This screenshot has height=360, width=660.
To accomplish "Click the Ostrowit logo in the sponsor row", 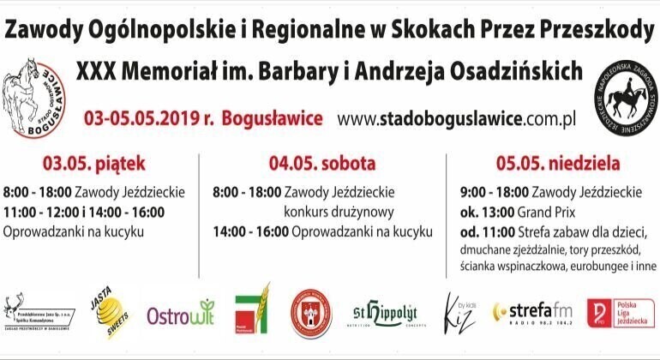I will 180,313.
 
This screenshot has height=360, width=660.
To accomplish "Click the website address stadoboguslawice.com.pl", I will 455,117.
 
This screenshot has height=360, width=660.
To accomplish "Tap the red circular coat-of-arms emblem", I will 310,312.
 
